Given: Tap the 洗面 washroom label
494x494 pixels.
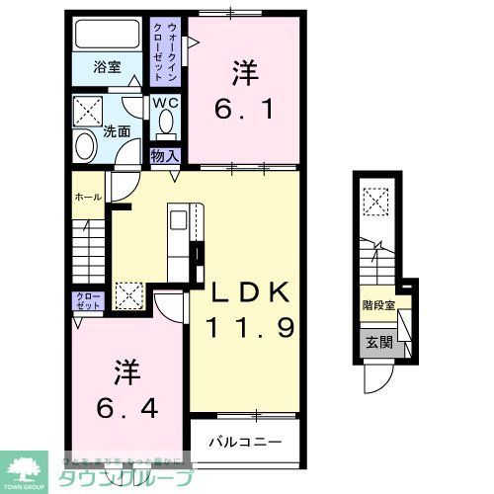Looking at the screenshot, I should point(118,129).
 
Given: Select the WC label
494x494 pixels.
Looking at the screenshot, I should point(164,101).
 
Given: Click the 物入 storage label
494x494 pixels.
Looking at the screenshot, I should point(165,155).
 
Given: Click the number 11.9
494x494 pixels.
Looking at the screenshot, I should point(250,327).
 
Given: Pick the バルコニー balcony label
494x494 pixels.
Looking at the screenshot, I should point(244,442).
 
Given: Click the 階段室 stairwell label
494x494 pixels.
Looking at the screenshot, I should point(377,306).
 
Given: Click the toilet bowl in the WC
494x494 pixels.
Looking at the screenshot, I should point(164,123).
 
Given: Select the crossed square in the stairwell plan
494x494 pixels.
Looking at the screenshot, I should point(374,203).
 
